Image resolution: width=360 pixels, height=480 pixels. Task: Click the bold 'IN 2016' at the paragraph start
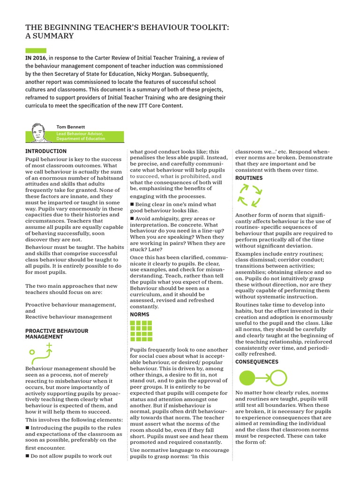coord(37,57)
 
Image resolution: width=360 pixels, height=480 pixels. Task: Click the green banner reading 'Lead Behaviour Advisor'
coord(90,136)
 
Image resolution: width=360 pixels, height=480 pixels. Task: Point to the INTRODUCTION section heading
coord(46,151)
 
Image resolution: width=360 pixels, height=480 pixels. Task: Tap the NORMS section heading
coord(139,315)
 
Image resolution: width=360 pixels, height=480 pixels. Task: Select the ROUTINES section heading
coord(249,178)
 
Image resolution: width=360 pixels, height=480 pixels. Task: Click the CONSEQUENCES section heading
coord(256,362)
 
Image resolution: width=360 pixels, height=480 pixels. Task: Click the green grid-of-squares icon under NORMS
coord(141,331)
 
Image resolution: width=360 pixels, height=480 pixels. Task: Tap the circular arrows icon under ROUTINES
coord(249,195)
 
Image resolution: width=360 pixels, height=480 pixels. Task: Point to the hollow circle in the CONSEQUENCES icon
coord(278,376)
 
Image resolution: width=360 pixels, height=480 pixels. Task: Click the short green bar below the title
coord(36,50)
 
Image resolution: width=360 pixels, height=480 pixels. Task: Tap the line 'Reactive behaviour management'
coord(68,317)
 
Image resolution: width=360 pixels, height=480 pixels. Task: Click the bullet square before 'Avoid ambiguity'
coord(132,219)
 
